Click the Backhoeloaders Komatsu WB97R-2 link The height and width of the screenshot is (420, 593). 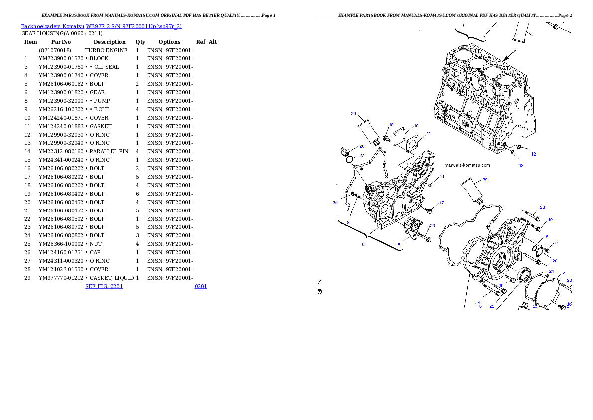101,26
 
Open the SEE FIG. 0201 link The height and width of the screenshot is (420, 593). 104,286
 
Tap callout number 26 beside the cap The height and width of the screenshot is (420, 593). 362,146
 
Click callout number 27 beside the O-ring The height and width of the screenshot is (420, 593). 362,155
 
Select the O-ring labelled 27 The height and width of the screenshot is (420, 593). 350,159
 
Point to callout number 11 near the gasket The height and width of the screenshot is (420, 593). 429,134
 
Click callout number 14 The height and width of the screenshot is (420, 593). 442,176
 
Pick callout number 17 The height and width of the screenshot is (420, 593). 442,203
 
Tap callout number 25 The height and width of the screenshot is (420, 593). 335,202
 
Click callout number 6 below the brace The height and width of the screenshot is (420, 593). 363,244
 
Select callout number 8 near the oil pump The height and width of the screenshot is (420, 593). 399,245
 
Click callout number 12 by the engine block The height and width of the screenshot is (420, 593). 534,154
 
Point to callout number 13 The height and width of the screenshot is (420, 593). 521,165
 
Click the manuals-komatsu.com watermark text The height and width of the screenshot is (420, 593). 467,165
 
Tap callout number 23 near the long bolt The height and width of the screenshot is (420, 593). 542,207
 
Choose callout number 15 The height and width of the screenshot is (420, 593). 546,237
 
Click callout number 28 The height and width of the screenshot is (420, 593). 555,261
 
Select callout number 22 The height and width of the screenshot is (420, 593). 492,306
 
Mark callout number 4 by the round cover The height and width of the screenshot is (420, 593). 564,273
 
